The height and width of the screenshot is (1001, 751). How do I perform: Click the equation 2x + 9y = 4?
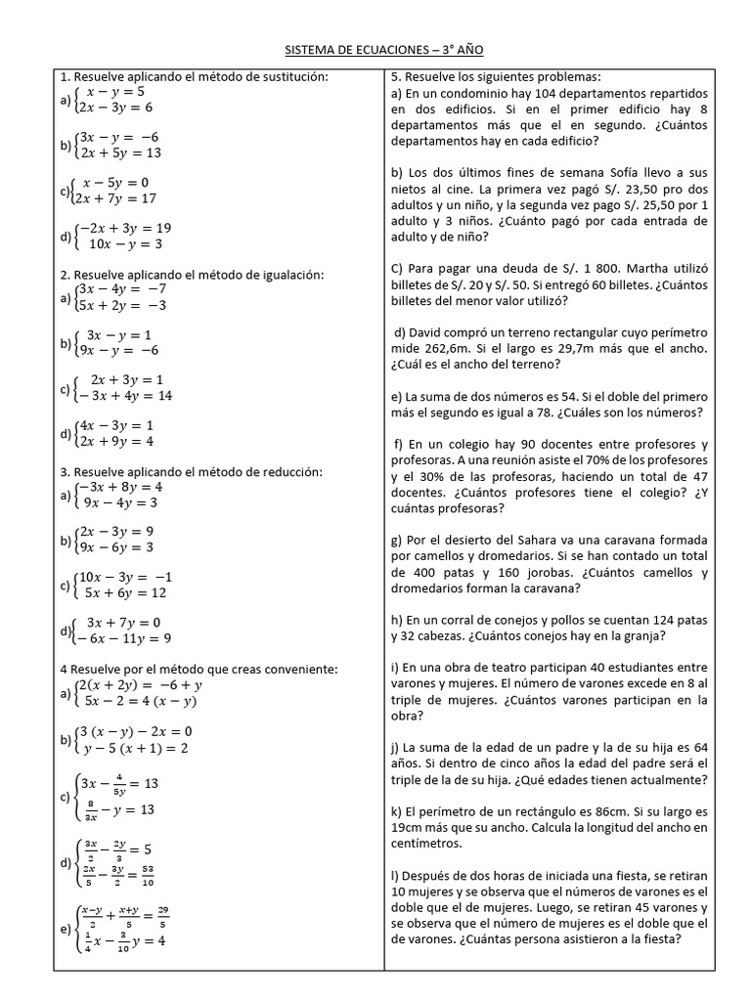pos(116,441)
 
